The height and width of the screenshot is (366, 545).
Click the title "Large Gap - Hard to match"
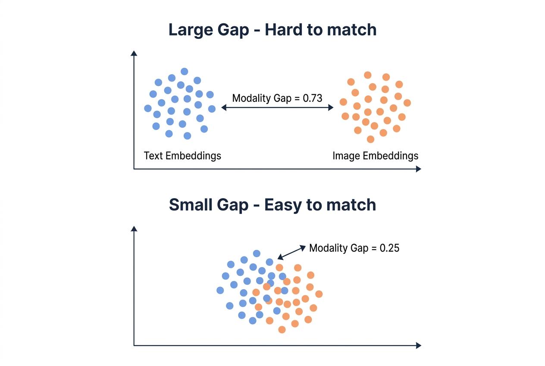pos(272,30)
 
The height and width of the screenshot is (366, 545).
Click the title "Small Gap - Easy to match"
pos(272,205)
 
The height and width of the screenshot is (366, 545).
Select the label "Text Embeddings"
pos(182,155)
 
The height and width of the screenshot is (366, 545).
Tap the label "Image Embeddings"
pos(375,155)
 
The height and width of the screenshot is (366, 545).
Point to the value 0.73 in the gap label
pos(313,98)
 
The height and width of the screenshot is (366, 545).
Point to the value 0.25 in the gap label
pos(389,248)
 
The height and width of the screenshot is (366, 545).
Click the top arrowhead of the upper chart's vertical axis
pos(134,54)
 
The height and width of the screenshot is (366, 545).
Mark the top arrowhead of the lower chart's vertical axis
pos(134,228)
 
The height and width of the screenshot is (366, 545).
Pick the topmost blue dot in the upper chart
pos(185,71)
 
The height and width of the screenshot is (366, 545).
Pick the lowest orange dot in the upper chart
pos(370,139)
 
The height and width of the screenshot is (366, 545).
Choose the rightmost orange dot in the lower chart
pos(319,294)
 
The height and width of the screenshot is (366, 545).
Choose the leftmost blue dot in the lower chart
pos(220,290)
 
